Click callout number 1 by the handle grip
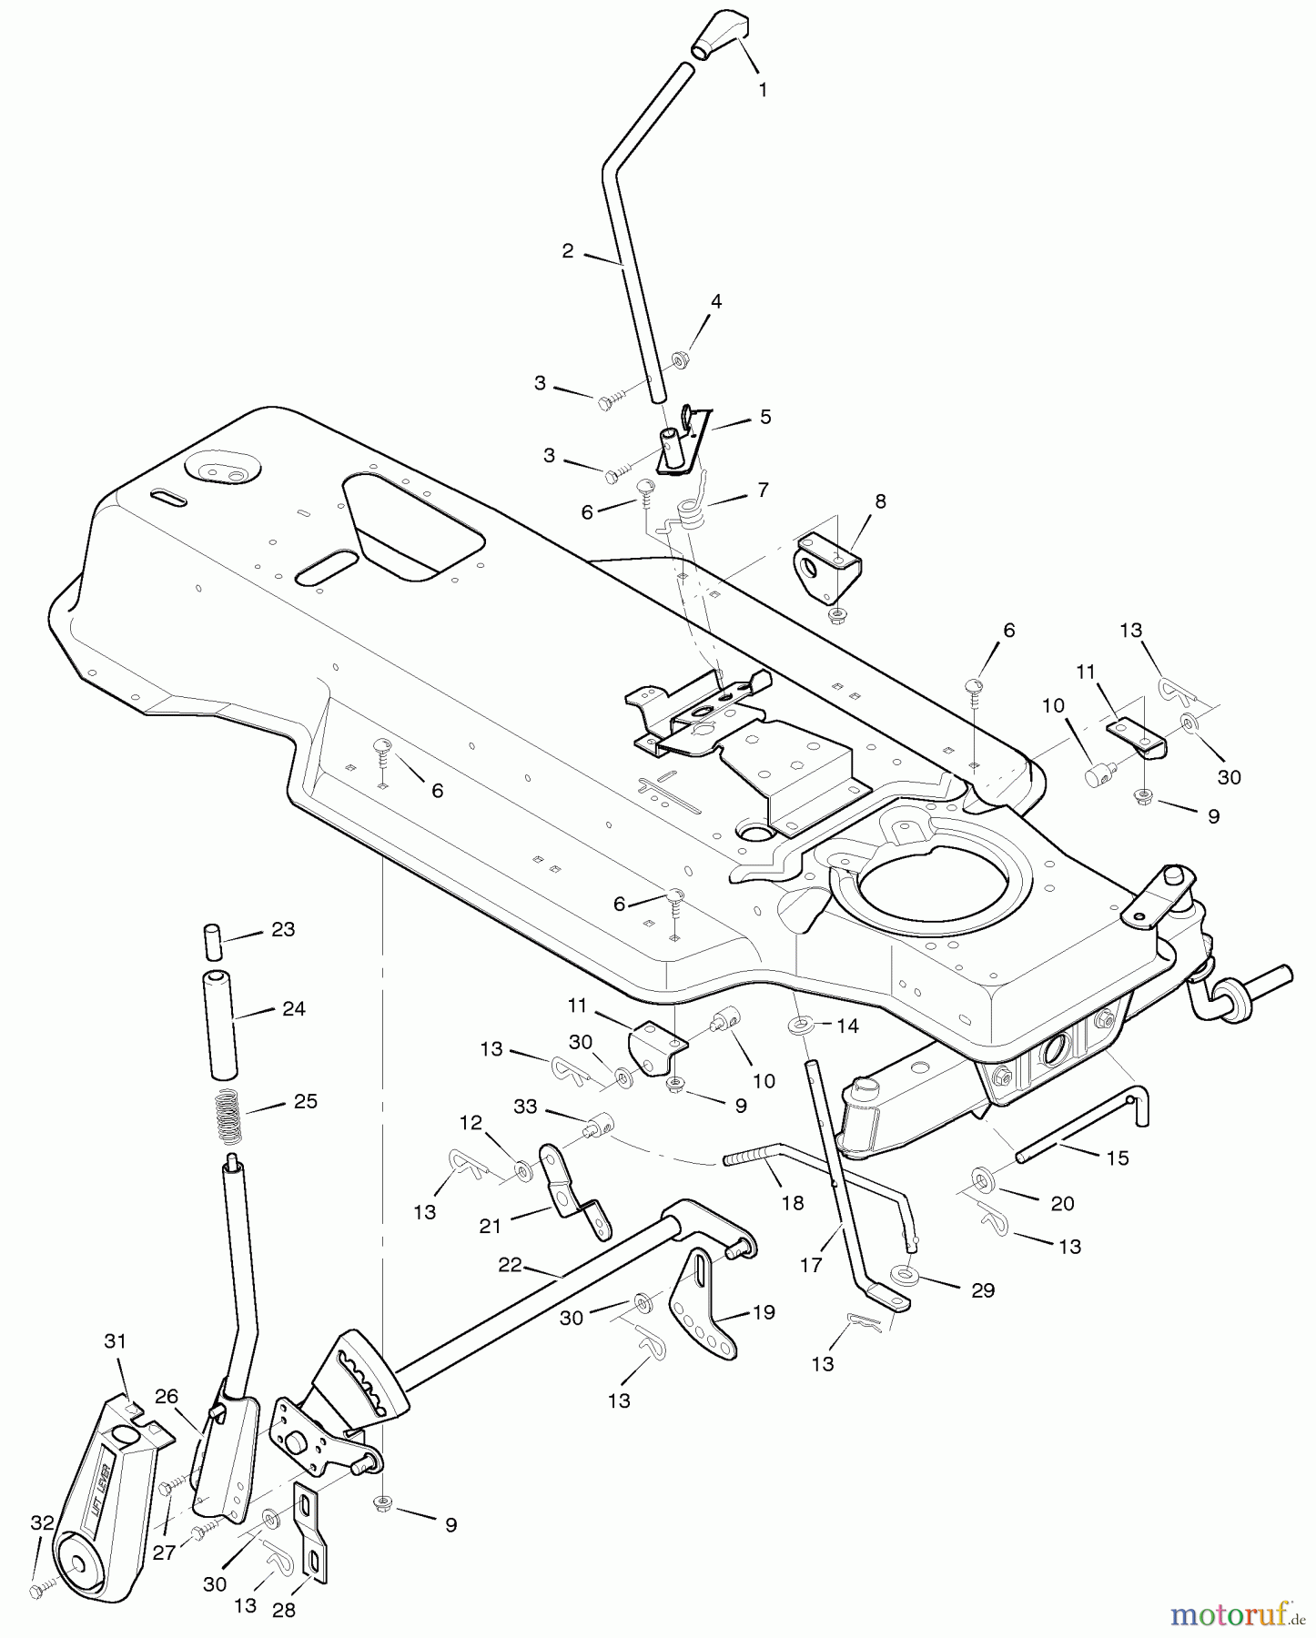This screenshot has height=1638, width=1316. [763, 90]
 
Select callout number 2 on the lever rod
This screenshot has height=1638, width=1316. [568, 251]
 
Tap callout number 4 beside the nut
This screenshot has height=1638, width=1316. [716, 301]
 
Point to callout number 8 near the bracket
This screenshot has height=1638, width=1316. [880, 501]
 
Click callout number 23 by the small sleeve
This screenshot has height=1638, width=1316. [283, 930]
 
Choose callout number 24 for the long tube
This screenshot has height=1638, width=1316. [293, 1008]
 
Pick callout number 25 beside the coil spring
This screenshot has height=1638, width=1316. [305, 1101]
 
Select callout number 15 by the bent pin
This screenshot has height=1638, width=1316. [1117, 1158]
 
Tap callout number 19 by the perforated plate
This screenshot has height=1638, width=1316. [764, 1311]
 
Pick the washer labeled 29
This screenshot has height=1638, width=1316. [903, 1274]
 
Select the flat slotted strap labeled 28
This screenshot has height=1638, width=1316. [309, 1537]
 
